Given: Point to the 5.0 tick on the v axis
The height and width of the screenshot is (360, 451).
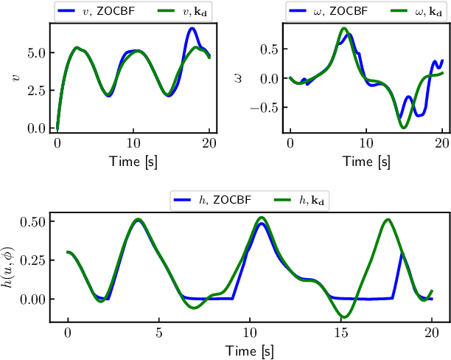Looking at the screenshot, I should coord(35,53).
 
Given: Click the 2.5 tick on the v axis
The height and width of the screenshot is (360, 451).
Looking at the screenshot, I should coord(35,91).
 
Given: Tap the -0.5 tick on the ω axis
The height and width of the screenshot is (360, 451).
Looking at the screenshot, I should coord(266,107).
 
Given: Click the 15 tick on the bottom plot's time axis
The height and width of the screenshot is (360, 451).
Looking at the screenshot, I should coord(340,333).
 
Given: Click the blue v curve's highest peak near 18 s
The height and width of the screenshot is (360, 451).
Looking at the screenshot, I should coord(192,29).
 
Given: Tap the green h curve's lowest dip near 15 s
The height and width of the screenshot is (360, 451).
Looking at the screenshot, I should coord(345,317).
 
